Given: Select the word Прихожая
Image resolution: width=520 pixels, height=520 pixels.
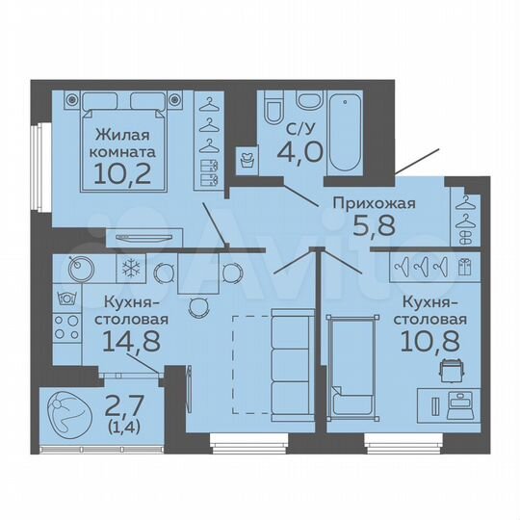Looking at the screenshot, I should [x=374, y=203].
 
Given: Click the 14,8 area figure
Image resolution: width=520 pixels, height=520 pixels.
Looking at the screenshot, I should [x=127, y=340].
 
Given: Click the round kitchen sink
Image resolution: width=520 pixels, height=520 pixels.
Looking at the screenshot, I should [x=80, y=271].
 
